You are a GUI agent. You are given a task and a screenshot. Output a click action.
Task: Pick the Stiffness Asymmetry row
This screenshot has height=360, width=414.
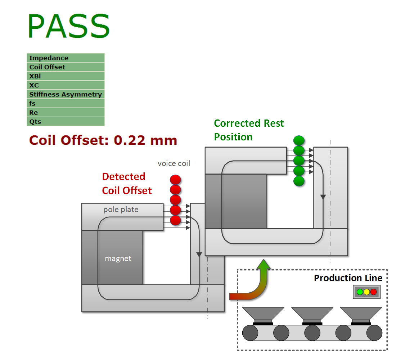click(66, 94)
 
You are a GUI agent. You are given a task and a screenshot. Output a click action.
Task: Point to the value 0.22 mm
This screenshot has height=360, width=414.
click(145, 140)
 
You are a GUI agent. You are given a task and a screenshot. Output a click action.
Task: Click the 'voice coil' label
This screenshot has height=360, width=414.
click(174, 163)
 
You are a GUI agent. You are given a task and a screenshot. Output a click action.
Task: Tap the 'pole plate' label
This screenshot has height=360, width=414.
click(121, 210)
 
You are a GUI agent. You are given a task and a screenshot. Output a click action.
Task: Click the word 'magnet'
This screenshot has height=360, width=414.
click(118, 258)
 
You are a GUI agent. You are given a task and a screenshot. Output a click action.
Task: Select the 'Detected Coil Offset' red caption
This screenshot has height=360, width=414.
click(127, 183)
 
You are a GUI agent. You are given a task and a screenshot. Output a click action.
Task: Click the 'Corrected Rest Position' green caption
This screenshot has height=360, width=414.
click(249, 130)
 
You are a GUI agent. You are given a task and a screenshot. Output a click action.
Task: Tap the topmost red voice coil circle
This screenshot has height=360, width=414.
click(175, 180)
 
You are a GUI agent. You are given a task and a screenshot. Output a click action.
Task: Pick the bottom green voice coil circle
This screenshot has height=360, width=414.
click(299, 181)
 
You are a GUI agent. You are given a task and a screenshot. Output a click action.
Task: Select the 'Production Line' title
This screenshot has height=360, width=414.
click(348, 278)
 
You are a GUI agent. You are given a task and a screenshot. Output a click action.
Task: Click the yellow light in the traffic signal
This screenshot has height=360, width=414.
click(366, 292)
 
